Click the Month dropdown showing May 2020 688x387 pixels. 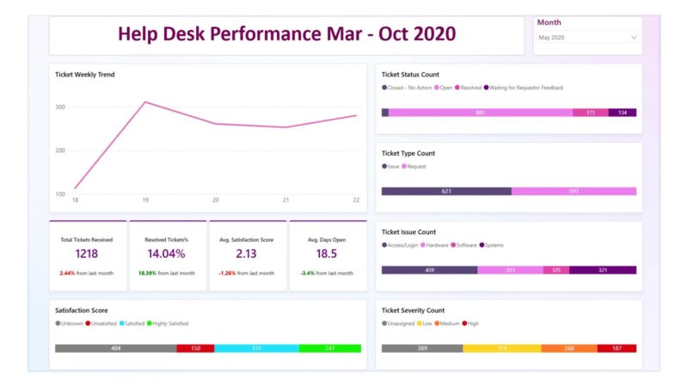pyautogui.click(x=587, y=38)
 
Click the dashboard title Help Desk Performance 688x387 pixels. pyautogui.click(x=286, y=34)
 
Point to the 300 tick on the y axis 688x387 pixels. pyautogui.click(x=60, y=107)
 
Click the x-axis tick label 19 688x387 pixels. pyautogui.click(x=145, y=200)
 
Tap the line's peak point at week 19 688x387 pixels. pyautogui.click(x=145, y=102)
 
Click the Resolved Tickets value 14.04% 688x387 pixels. pyautogui.click(x=167, y=254)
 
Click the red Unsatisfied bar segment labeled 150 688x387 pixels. pyautogui.click(x=195, y=348)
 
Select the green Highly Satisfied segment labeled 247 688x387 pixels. pyautogui.click(x=330, y=348)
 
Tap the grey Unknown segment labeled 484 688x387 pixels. pyautogui.click(x=115, y=348)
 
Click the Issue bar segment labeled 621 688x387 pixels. pyautogui.click(x=446, y=191)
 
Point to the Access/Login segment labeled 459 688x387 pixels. pyautogui.click(x=429, y=270)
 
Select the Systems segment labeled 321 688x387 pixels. pyautogui.click(x=602, y=270)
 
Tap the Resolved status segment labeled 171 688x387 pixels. pyautogui.click(x=590, y=113)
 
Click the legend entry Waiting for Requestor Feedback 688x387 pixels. pyautogui.click(x=525, y=88)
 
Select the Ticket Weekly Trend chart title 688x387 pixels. pyautogui.click(x=84, y=75)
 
